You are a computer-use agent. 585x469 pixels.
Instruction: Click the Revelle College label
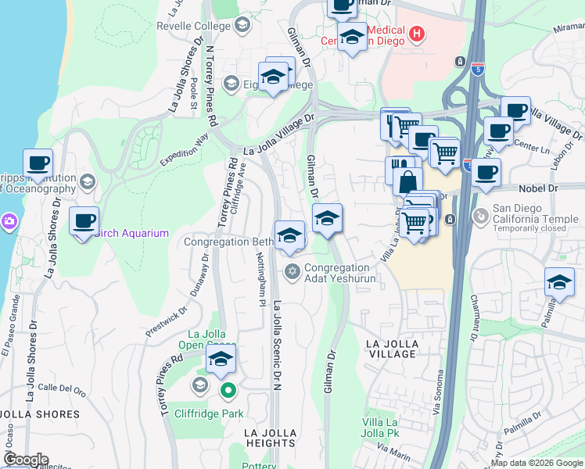pos(194,25)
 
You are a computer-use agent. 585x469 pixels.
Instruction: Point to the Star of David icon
pos(292,272)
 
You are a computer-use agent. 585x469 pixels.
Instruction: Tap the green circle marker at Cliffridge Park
pos(227,390)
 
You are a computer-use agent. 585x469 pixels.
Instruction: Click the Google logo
pos(25,460)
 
